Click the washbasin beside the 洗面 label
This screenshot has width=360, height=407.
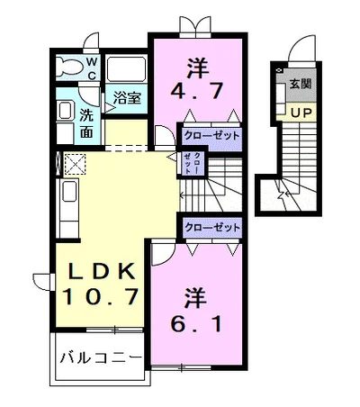click(x=65, y=112)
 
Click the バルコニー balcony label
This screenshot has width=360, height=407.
click(x=99, y=357)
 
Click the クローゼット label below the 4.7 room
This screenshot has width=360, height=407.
click(x=211, y=136)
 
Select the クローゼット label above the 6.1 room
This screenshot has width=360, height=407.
click(x=212, y=228)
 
